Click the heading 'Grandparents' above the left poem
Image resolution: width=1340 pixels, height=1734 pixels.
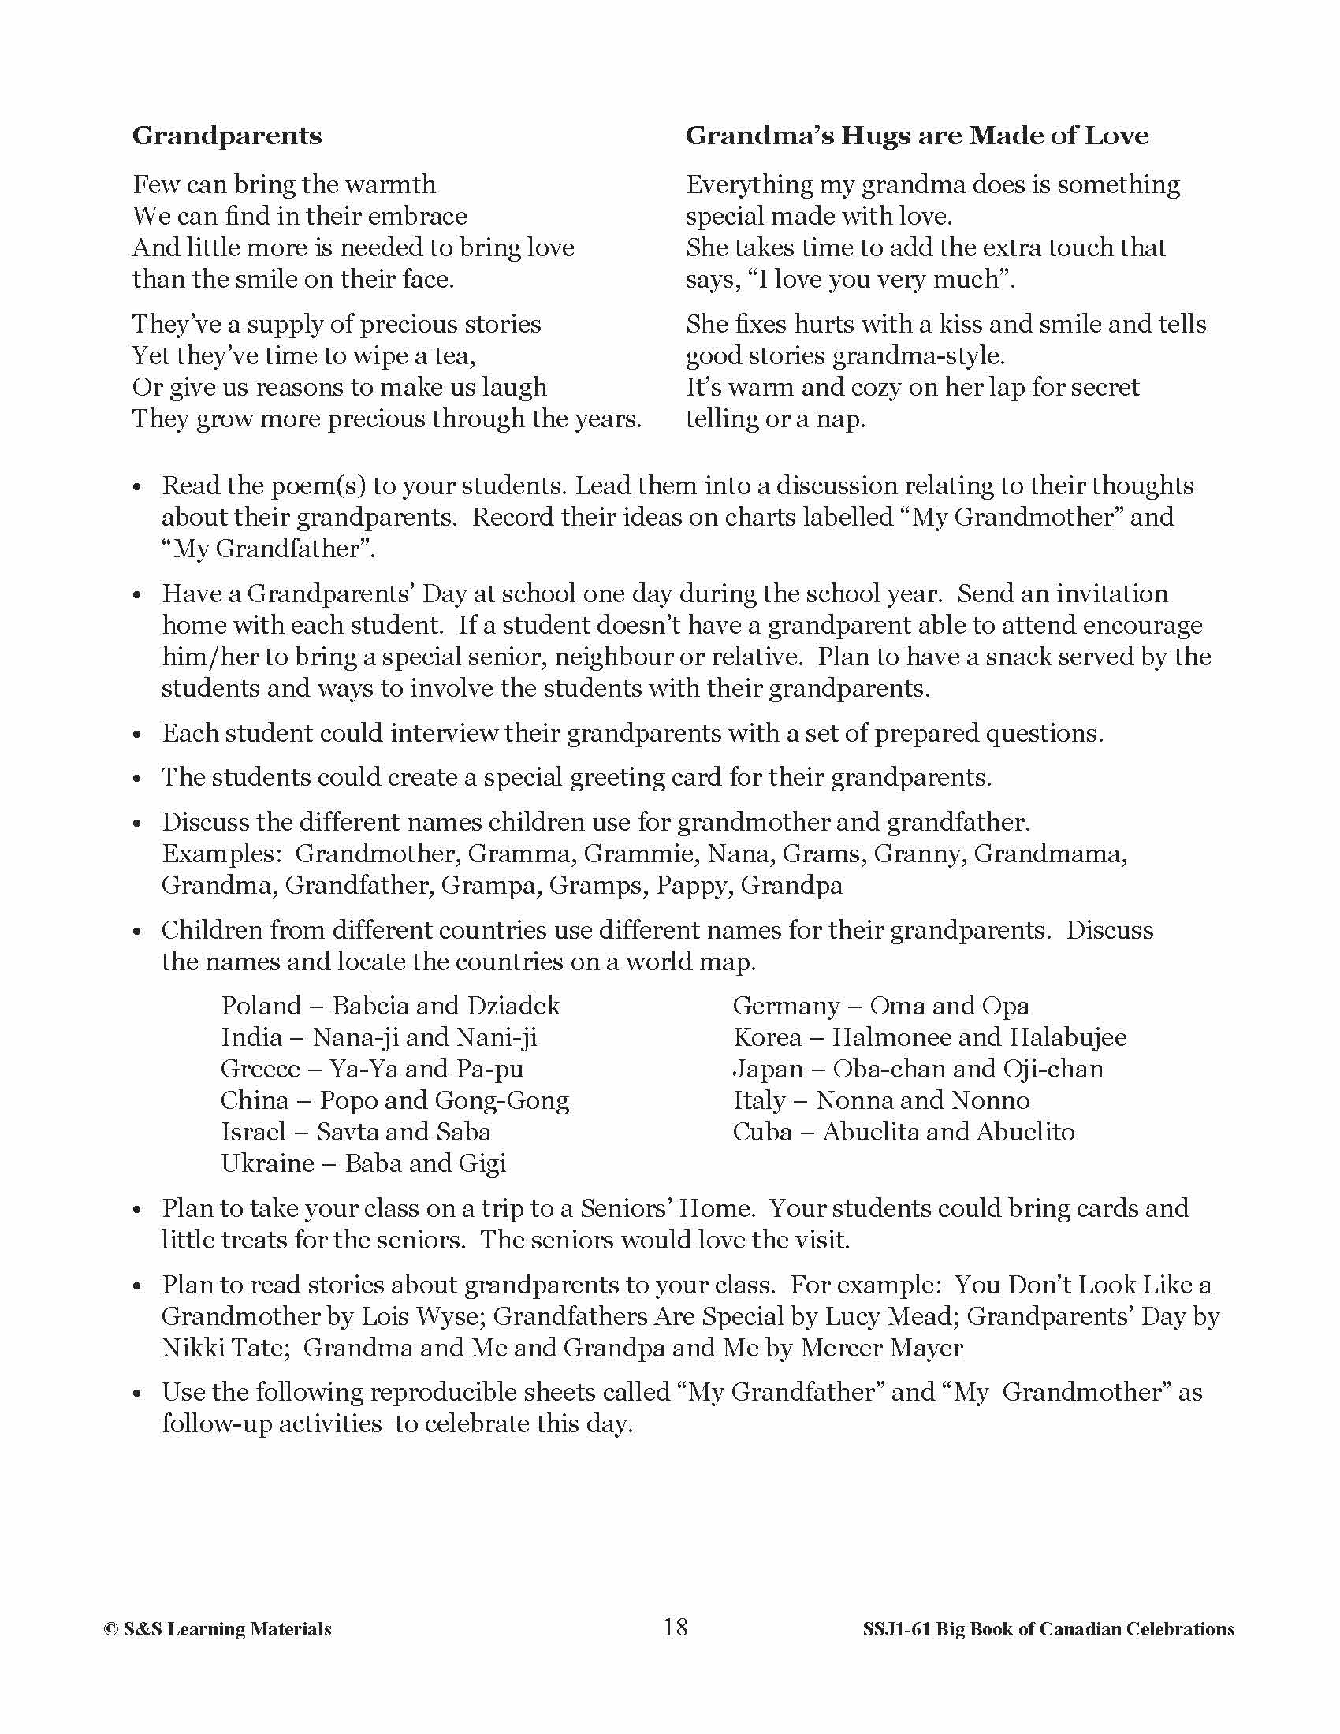click(x=227, y=136)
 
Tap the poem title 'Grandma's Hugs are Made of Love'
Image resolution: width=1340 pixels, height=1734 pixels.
click(x=917, y=136)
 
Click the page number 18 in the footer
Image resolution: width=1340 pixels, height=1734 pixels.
click(x=675, y=1627)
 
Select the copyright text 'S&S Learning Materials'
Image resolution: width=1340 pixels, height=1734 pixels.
click(x=227, y=1629)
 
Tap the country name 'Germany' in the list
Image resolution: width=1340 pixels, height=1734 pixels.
click(x=785, y=1006)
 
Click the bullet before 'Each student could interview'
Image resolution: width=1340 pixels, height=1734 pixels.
click(x=137, y=735)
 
